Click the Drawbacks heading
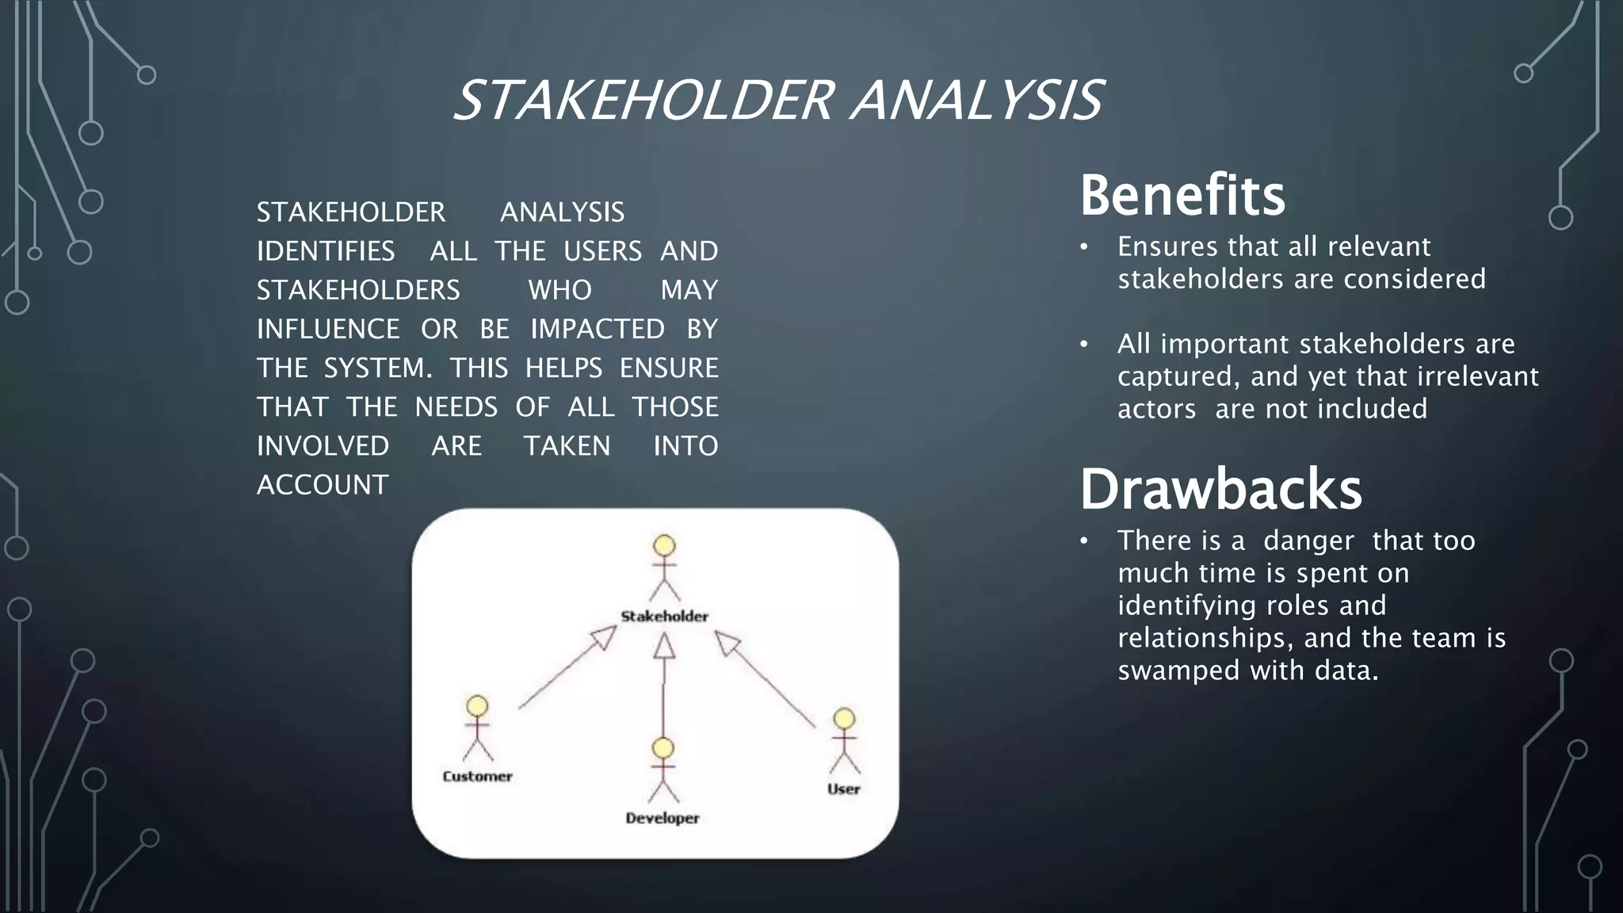click(1220, 489)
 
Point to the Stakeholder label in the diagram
click(664, 616)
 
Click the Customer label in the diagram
click(477, 776)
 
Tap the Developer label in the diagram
click(663, 818)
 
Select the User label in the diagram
click(843, 789)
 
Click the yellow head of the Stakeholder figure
click(664, 545)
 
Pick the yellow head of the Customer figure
click(477, 706)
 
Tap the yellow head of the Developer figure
click(663, 747)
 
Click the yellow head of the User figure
click(844, 719)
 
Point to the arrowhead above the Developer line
click(664, 647)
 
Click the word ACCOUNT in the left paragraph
click(323, 485)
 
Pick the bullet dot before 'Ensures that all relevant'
click(1084, 247)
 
